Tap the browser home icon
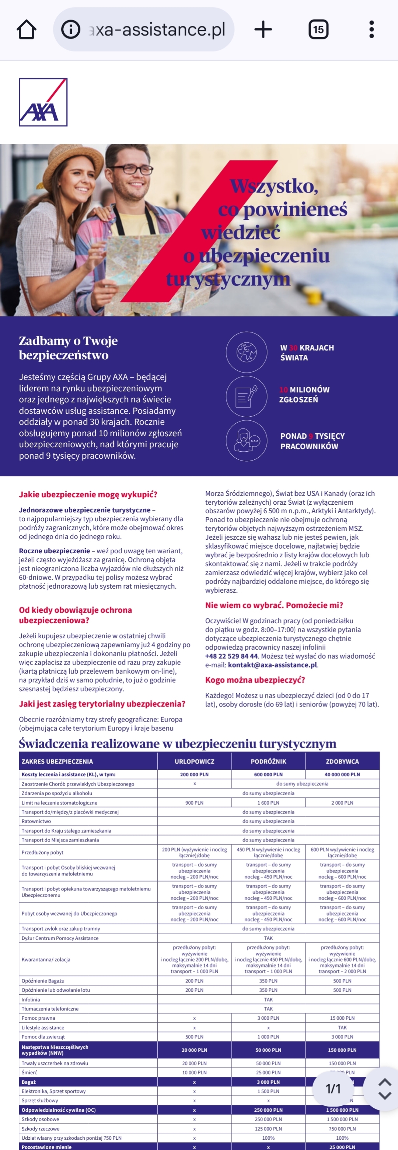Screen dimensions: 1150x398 point(27,29)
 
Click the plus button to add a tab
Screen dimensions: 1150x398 point(263,29)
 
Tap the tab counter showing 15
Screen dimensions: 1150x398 point(318,29)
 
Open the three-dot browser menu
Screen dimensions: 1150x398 point(371,29)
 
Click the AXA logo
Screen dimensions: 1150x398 point(43,102)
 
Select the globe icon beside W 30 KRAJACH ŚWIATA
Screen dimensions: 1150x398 point(246,352)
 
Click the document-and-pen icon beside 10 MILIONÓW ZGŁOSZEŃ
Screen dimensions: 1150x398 point(246,395)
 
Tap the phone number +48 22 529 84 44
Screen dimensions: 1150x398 point(231,656)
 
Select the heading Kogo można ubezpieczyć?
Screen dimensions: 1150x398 point(255,680)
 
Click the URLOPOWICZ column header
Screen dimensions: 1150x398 point(194,761)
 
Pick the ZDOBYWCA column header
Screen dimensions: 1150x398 point(342,761)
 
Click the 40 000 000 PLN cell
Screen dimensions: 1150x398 point(342,774)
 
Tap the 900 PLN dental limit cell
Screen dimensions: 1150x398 point(194,802)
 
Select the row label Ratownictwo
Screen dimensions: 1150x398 point(36,821)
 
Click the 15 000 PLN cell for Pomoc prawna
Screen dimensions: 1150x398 point(342,1018)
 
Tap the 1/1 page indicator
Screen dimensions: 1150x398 point(333,1089)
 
